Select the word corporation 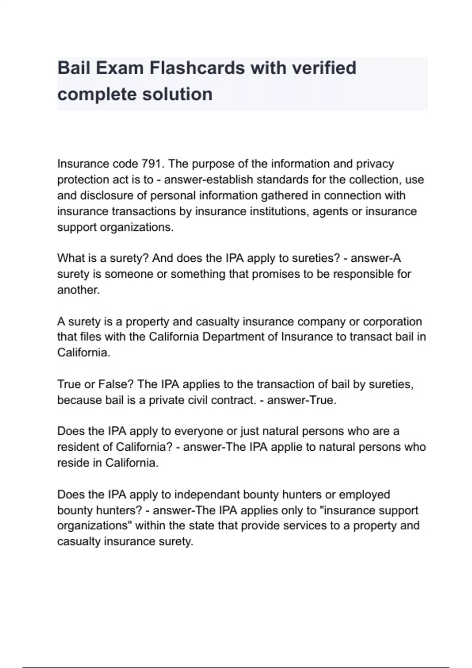tap(392, 321)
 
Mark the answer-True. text tap(302, 400)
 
